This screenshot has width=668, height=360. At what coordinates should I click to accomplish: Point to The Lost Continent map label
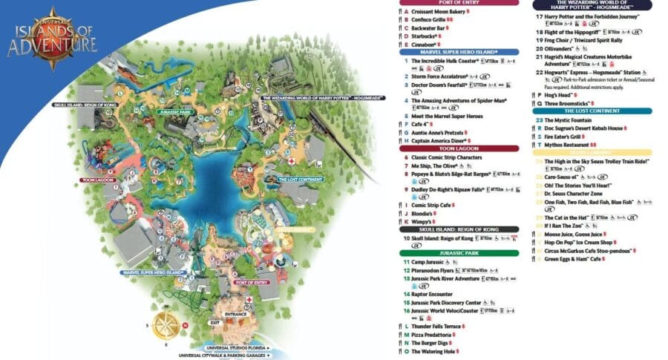tap(300, 180)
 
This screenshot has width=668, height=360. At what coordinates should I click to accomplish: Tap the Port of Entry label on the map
tap(250, 283)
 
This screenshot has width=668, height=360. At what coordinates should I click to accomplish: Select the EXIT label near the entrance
tap(215, 323)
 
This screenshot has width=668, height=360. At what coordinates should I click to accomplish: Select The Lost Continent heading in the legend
tap(592, 111)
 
